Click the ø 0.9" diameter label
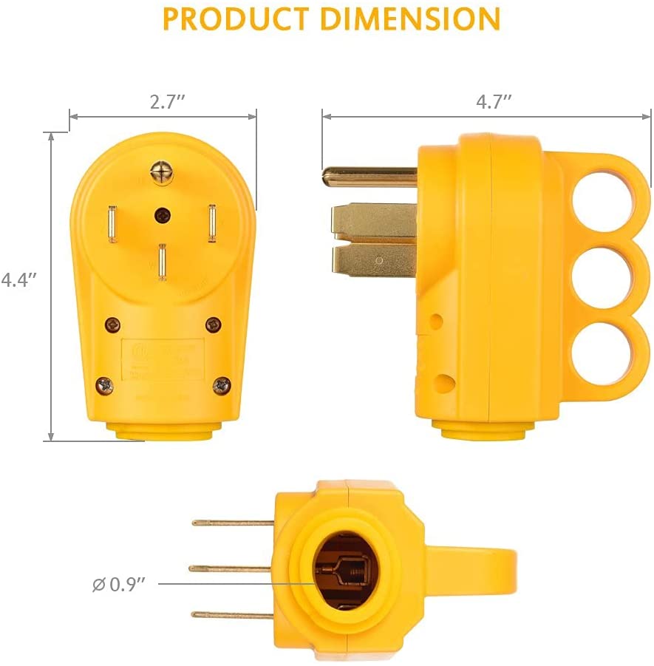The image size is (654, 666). [x=118, y=584]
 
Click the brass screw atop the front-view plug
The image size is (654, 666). [x=162, y=174]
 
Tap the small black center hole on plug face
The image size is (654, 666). [x=162, y=215]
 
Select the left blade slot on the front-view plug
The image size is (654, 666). [x=112, y=224]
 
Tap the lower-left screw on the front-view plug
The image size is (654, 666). [x=105, y=385]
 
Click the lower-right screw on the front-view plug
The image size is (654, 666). [x=222, y=385]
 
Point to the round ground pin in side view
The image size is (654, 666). [x=369, y=177]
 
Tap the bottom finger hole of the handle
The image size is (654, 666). [x=600, y=357]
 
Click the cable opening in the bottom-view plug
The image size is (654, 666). [x=346, y=569]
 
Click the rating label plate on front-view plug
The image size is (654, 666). [x=163, y=359]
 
